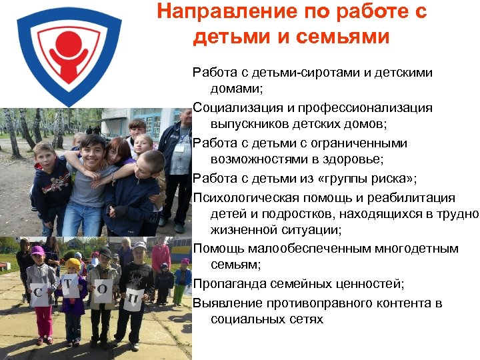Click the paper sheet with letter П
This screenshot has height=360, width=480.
134,299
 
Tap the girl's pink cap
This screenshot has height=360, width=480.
37,251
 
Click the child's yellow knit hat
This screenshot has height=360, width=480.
73,264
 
